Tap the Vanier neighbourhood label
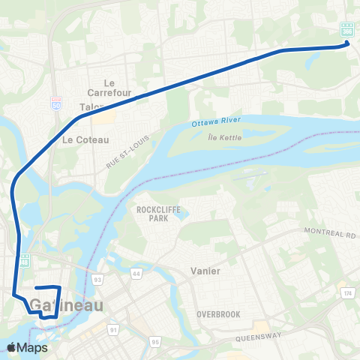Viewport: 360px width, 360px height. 205,271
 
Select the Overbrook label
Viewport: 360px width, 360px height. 218,314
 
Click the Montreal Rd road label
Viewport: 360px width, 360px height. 329,234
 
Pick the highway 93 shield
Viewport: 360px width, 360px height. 97,279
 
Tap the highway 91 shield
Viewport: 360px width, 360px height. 114,329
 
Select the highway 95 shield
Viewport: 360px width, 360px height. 154,343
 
